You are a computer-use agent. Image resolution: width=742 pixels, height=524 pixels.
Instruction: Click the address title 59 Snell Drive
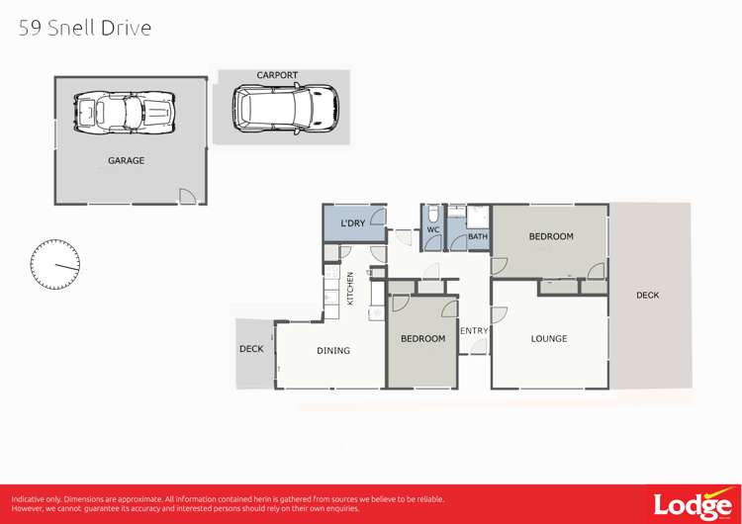(85, 28)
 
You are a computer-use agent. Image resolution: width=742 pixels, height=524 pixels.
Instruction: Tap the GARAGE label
(126, 160)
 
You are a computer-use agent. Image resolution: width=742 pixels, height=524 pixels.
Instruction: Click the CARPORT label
(277, 75)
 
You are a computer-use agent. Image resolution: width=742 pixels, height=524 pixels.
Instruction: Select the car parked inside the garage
(126, 113)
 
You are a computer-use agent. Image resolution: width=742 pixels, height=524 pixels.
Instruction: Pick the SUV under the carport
(285, 108)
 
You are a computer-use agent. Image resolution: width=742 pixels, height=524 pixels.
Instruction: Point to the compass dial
(55, 265)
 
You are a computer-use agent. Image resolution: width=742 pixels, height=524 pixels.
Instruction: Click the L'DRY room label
(353, 223)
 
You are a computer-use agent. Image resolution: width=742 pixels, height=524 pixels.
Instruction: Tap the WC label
(433, 230)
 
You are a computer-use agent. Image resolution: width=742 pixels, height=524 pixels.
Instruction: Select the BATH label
(478, 236)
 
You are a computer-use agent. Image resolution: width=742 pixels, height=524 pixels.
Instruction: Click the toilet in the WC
(433, 214)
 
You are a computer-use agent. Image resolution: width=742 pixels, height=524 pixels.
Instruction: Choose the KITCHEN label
(349, 288)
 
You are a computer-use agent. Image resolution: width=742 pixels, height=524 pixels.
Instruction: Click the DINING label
(333, 350)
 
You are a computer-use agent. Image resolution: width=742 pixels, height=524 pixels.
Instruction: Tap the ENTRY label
(474, 331)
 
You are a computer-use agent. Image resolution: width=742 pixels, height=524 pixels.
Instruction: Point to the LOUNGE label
(549, 338)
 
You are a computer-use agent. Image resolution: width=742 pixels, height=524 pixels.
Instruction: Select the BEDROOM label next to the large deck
(551, 236)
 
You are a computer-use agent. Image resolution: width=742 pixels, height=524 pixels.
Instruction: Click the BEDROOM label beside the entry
(422, 338)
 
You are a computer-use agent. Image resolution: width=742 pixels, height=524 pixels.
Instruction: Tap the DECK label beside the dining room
(251, 349)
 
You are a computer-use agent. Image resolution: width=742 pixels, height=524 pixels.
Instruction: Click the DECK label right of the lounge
(648, 295)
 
